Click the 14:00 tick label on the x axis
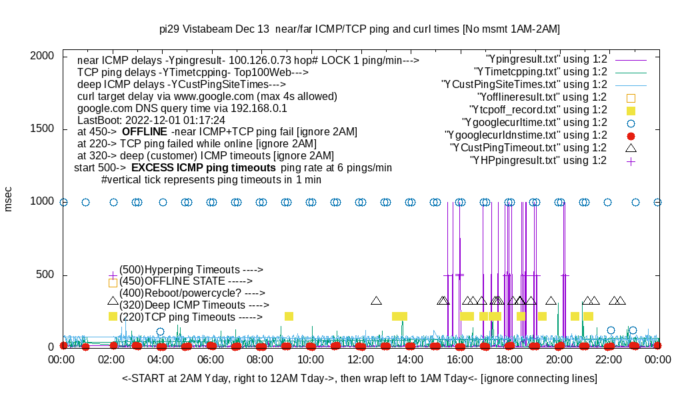point(410,360)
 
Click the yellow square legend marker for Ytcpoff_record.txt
point(631,110)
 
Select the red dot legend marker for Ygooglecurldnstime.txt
point(631,135)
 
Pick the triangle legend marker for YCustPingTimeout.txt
point(631,148)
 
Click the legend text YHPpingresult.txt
point(538,161)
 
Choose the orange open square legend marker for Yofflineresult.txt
point(631,97)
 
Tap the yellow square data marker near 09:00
point(289,316)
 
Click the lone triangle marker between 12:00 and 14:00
point(376,301)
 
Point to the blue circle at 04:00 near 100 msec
point(161,331)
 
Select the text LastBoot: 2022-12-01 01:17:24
point(151,120)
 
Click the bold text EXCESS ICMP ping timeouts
point(203,167)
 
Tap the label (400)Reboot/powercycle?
point(182,293)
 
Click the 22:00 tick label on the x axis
point(609,360)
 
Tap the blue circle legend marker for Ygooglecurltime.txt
point(631,123)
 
